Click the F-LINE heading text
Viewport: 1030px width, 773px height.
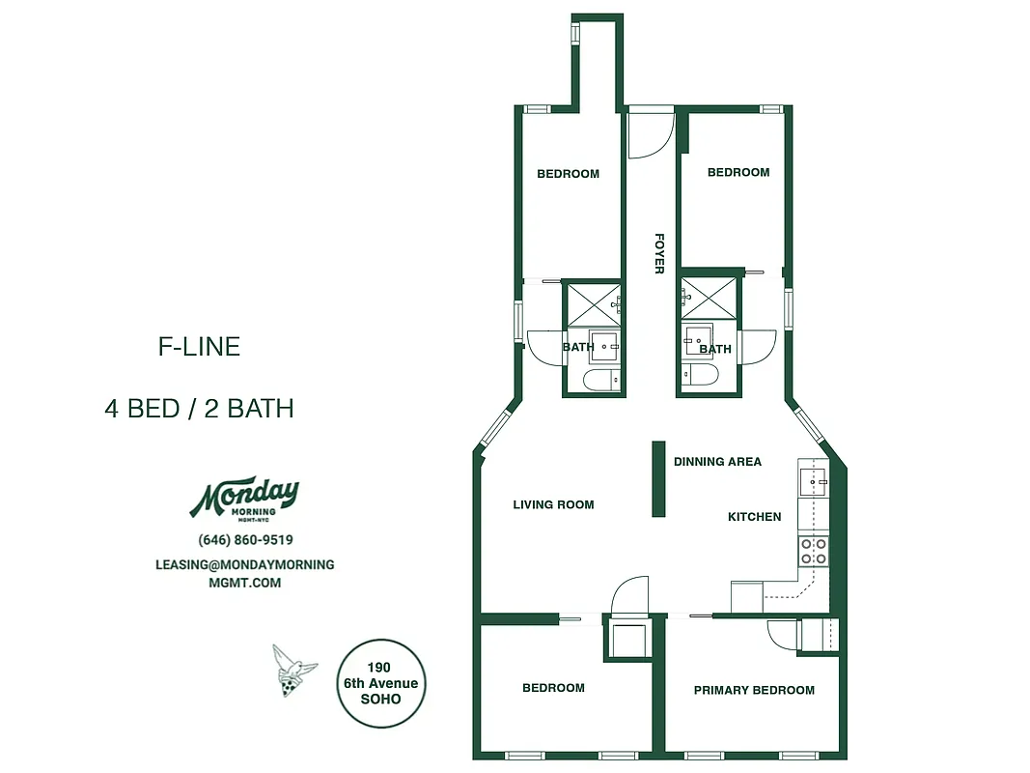[x=199, y=347]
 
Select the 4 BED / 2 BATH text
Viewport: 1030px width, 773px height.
[x=199, y=409]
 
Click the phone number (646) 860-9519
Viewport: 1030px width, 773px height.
[x=245, y=540]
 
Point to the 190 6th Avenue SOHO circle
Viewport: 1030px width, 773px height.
[x=380, y=683]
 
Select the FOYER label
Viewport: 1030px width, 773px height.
[x=659, y=253]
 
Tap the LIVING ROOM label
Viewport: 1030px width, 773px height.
[x=553, y=504]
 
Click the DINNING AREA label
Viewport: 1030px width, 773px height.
[x=717, y=462]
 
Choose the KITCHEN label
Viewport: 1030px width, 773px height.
[x=754, y=517]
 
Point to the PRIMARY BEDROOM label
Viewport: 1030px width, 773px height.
[x=754, y=690]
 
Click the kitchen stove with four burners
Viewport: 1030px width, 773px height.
[x=813, y=551]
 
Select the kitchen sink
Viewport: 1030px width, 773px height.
[x=813, y=480]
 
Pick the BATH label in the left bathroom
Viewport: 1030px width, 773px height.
[x=578, y=347]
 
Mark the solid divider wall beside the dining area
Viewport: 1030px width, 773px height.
[x=657, y=479]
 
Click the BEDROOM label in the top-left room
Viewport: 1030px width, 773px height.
[x=568, y=174]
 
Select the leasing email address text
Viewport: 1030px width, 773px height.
[x=245, y=573]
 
